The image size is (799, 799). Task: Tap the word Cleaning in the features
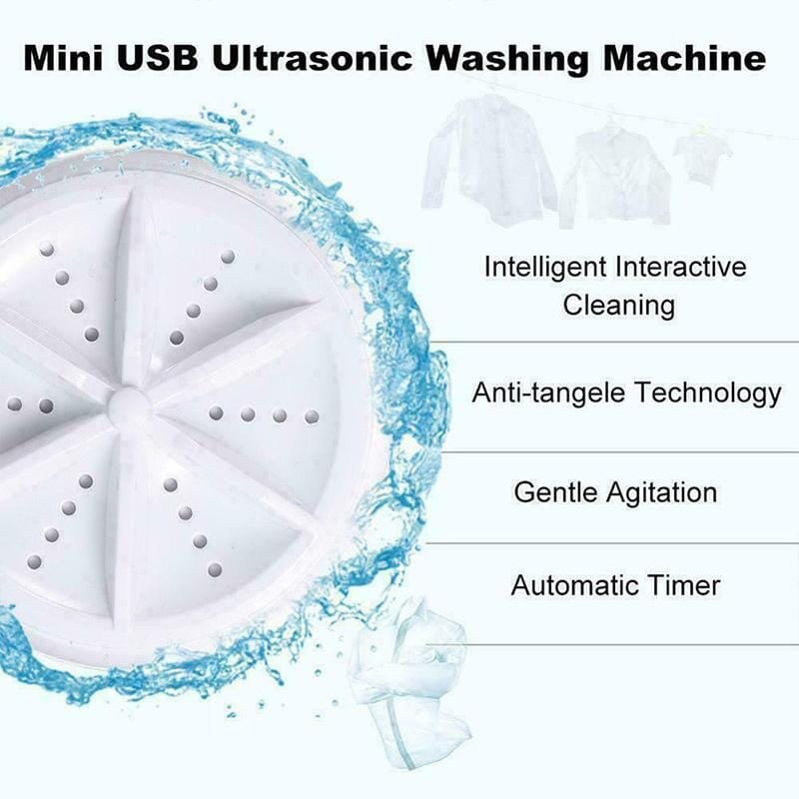tap(618, 305)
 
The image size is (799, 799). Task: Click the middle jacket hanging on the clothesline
tap(612, 175)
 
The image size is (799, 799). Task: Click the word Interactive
tap(680, 268)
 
